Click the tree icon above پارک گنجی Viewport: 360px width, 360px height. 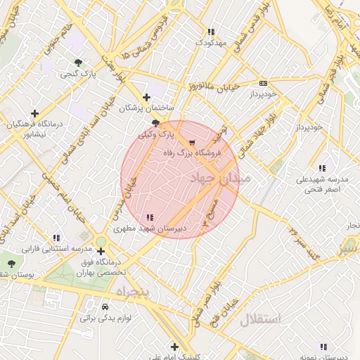(77, 63)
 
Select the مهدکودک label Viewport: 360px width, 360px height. (212, 43)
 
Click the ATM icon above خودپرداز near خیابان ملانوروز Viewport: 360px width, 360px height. (264, 82)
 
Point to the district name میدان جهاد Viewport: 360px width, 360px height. (219, 180)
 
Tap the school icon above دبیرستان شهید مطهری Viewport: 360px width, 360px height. (150, 217)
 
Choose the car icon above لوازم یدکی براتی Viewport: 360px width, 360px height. (104, 307)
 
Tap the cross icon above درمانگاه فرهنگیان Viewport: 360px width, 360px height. (34, 112)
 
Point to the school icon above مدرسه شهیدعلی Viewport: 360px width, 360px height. (322, 169)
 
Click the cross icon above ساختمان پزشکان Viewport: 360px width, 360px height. (146, 97)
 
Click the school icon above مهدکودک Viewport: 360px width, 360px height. (211, 32)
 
